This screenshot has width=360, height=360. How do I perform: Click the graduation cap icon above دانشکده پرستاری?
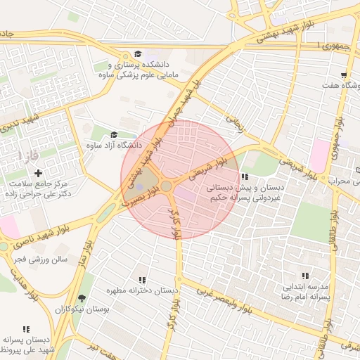coord(138,54)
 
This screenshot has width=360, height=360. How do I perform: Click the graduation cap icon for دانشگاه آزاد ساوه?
coord(114,135)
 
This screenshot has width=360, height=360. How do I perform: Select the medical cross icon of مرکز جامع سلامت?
coord(38,173)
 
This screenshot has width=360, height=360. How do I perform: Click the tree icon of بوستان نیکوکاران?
coord(83,298)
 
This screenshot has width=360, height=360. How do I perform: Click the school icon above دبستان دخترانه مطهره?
coord(143,280)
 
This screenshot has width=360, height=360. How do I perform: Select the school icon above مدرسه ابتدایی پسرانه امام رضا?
coord(305,276)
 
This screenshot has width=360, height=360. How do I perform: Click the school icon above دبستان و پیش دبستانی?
coord(244,177)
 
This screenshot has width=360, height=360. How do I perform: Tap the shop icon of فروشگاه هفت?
coord(343,75)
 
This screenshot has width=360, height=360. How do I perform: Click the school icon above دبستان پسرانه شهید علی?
coord(26,329)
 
